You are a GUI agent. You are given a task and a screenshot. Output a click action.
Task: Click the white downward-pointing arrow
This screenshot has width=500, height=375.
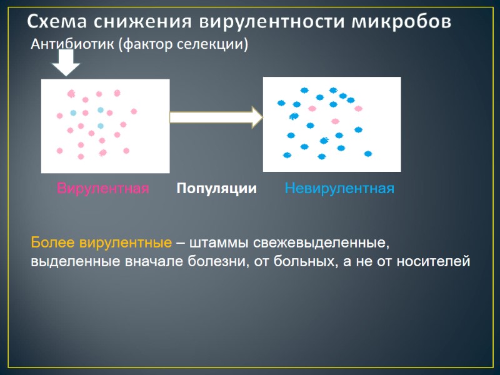64,63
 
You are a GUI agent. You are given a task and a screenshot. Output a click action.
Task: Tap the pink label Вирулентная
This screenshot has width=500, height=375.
103,188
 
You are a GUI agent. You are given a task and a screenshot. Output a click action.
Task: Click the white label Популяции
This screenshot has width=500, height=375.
216,188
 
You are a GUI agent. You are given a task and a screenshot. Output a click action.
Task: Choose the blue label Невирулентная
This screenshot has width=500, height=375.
339,188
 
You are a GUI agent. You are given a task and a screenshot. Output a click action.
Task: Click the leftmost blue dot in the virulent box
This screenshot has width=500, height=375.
73,113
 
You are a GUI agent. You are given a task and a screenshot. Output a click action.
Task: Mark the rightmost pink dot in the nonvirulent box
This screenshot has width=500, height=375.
358,108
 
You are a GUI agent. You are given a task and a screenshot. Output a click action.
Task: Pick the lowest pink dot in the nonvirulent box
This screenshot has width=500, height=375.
335,121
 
